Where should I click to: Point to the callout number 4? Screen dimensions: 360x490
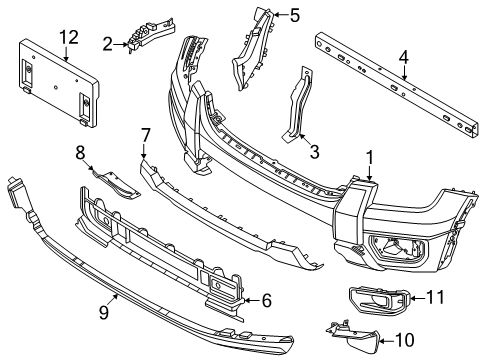[x=403, y=59]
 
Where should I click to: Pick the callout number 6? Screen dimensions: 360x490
[x=266, y=299]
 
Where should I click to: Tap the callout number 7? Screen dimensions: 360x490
[x=145, y=133]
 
